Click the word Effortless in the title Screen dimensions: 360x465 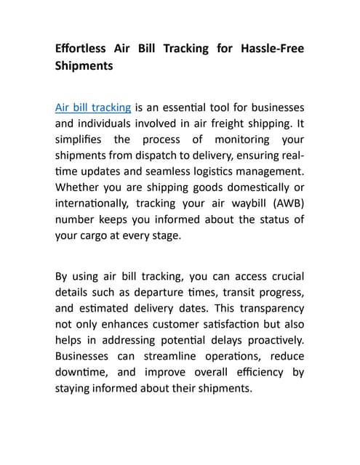(81, 49)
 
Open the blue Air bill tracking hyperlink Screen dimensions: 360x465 (93, 108)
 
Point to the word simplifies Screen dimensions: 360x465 (81, 139)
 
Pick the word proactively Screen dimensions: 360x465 (271, 340)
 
